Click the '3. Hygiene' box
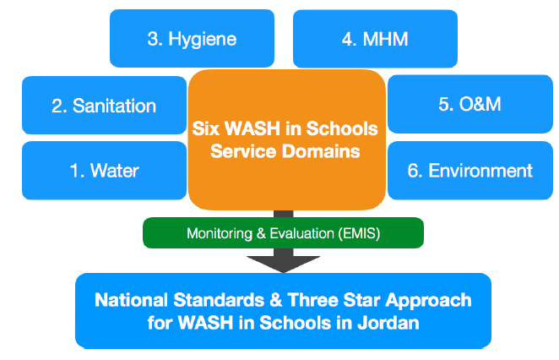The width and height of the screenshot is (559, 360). click(192, 39)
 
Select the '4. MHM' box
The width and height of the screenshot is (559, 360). click(375, 39)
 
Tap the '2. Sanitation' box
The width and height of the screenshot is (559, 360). click(104, 106)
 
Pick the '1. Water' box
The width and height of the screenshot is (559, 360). click(104, 171)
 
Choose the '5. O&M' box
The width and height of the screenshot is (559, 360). click(470, 104)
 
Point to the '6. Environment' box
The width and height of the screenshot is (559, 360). click(470, 171)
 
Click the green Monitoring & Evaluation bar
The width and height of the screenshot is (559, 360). click(283, 233)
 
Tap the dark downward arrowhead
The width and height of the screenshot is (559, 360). click(284, 264)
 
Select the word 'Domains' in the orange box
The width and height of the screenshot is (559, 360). click(321, 151)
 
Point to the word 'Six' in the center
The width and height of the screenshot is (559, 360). click(205, 128)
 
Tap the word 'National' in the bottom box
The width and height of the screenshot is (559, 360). click(131, 300)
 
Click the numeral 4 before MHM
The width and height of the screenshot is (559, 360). click(347, 39)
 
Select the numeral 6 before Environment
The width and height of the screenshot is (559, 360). click(413, 171)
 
